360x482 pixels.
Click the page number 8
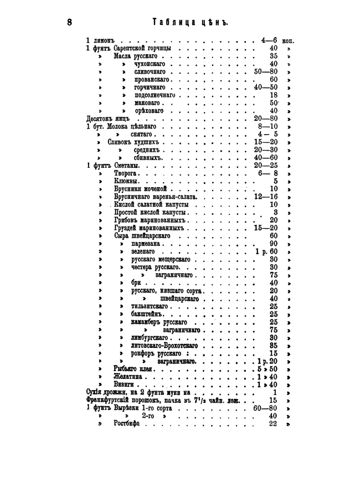click(69, 22)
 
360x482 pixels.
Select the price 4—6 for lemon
click(269, 40)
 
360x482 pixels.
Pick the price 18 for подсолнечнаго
click(273, 95)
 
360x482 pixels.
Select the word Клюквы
click(126, 181)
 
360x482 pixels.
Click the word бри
click(136, 283)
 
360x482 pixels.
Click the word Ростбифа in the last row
click(126, 423)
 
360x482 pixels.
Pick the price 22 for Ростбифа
click(272, 423)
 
